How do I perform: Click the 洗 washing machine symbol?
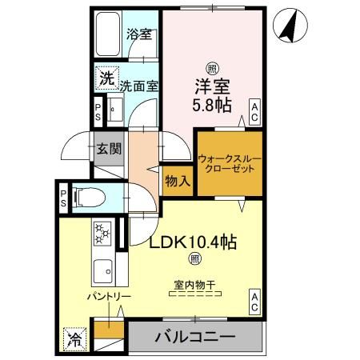pyautogui.click(x=106, y=78)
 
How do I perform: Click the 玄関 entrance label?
pyautogui.click(x=109, y=150)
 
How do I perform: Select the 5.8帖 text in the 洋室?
pyautogui.click(x=212, y=103)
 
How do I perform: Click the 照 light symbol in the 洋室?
pyautogui.click(x=212, y=69)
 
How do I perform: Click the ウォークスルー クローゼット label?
pyautogui.click(x=229, y=164)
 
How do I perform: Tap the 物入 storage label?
pyautogui.click(x=178, y=180)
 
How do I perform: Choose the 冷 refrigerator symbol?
pyautogui.click(x=73, y=338)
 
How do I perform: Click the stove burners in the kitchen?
pyautogui.click(x=103, y=234)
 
